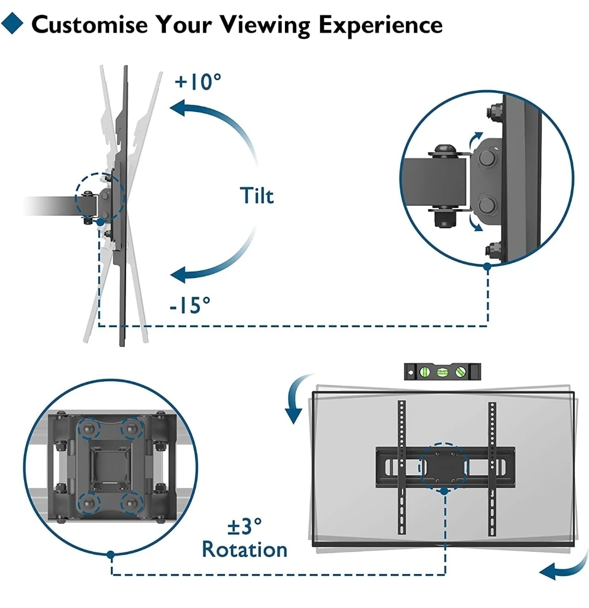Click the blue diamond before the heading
(x=14, y=24)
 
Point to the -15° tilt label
(x=189, y=305)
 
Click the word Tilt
(x=257, y=195)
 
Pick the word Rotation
(x=245, y=549)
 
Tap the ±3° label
(x=245, y=527)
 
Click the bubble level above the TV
(x=443, y=371)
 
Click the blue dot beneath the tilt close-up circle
(x=487, y=265)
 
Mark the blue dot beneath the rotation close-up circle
(x=111, y=554)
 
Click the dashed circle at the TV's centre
(x=443, y=466)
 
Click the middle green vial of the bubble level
(x=442, y=372)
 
